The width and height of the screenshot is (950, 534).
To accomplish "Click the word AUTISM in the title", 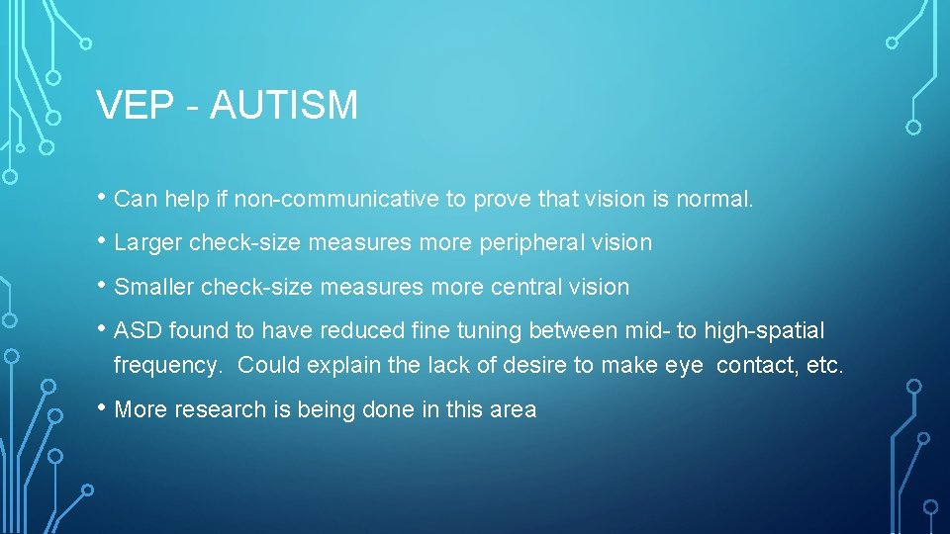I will pyautogui.click(x=284, y=105).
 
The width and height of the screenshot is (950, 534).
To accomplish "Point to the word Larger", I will pyautogui.click(x=148, y=242).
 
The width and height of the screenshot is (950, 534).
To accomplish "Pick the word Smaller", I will pyautogui.click(x=154, y=287).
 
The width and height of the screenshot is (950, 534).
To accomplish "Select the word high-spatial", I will pyautogui.click(x=764, y=330).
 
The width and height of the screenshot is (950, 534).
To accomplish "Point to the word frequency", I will pyautogui.click(x=167, y=366).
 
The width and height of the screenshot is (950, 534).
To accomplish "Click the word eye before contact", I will pyautogui.click(x=684, y=366).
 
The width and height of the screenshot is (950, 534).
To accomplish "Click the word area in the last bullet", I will pyautogui.click(x=515, y=409).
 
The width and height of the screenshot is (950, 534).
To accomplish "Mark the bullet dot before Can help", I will pyautogui.click(x=103, y=197).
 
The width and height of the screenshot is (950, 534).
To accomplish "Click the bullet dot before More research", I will pyautogui.click(x=103, y=407).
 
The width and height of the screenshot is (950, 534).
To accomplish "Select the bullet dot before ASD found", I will pyautogui.click(x=103, y=328).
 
